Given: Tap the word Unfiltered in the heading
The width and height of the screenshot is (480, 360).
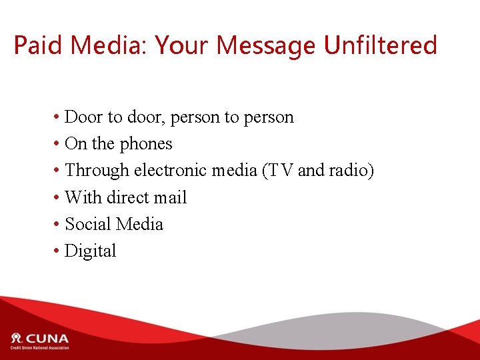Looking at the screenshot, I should (x=380, y=45).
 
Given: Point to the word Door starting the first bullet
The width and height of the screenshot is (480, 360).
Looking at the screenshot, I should (x=84, y=117).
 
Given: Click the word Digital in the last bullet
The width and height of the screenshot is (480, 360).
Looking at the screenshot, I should (x=91, y=251).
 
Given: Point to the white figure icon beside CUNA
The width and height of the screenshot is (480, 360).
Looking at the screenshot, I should (x=17, y=337).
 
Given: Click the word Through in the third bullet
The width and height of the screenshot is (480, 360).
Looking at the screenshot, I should (x=97, y=171).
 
